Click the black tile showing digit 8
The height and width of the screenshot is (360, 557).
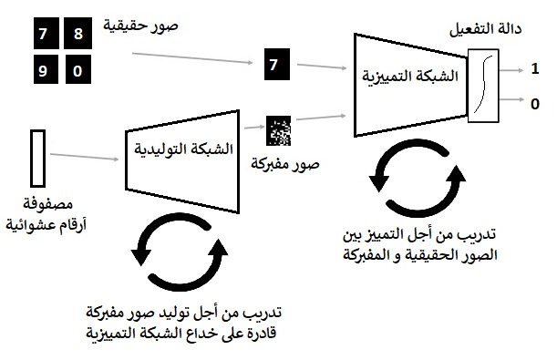coord(77,36)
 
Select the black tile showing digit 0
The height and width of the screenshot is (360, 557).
coord(77,70)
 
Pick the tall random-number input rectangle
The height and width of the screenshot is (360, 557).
coord(37,156)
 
